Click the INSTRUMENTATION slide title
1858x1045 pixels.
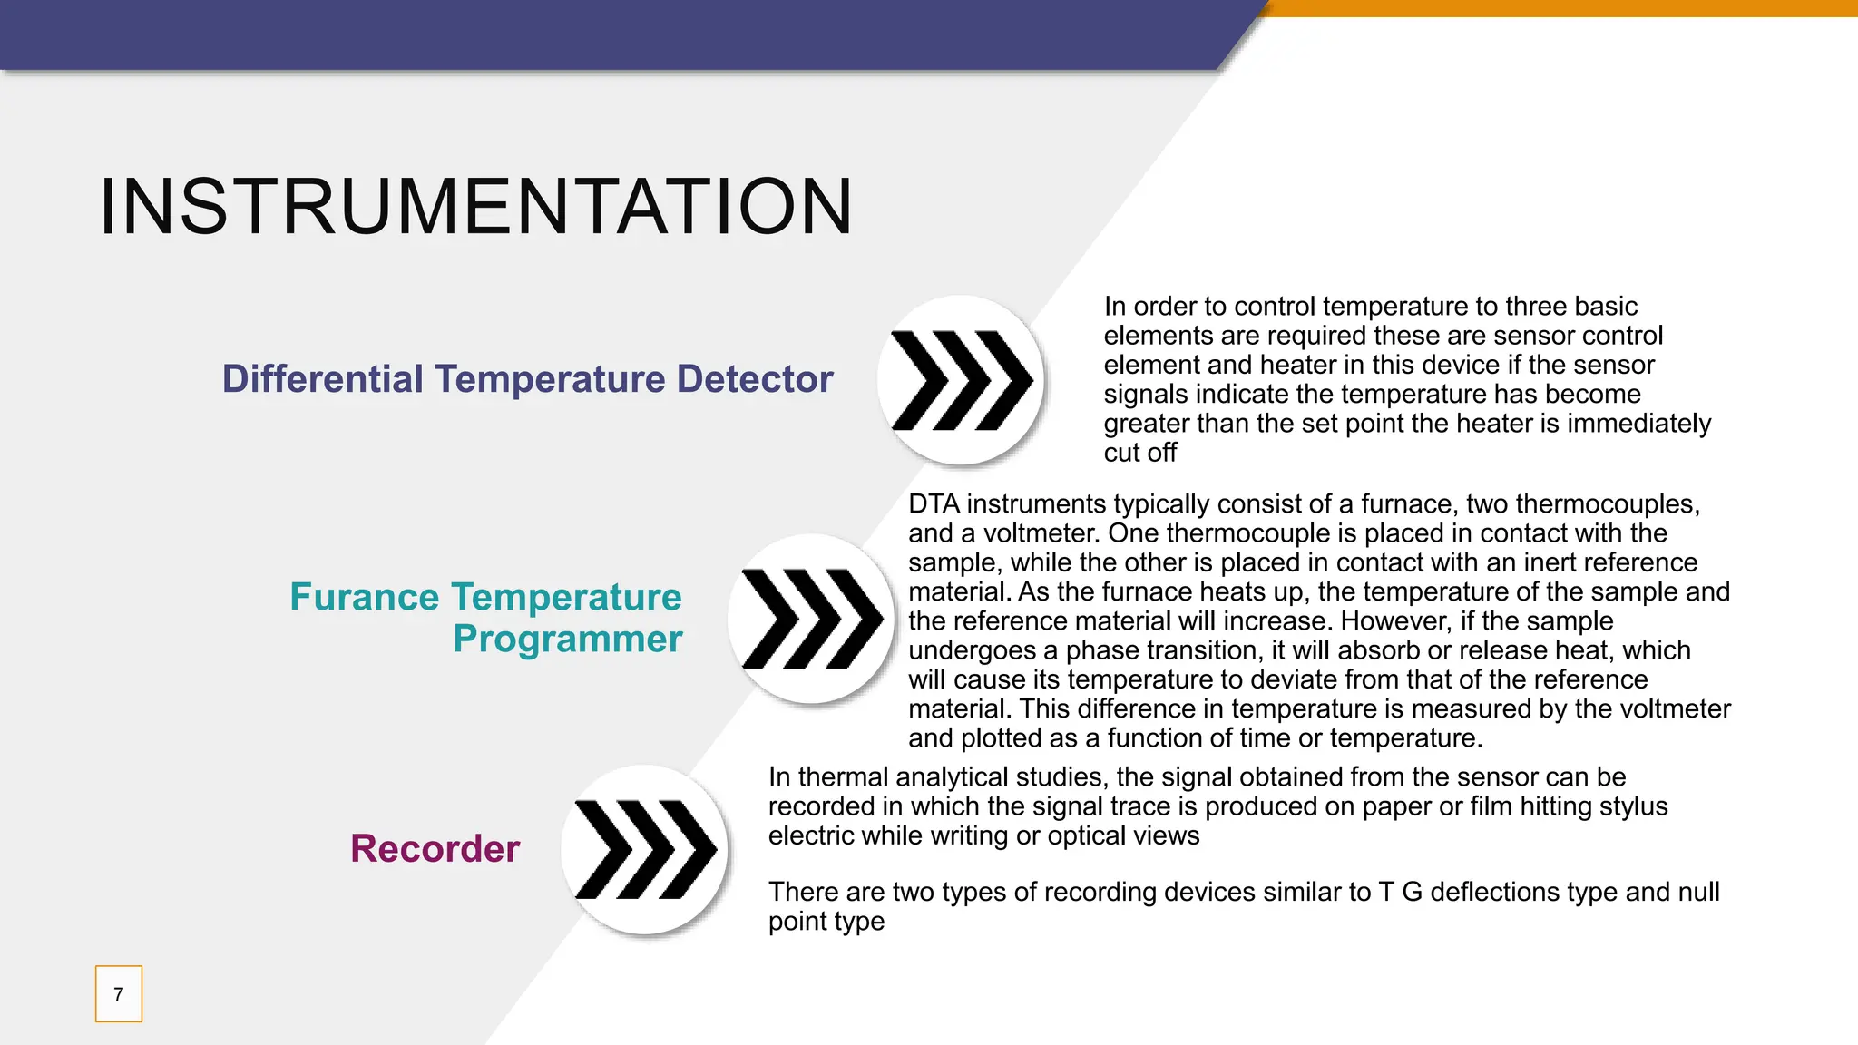[475, 208]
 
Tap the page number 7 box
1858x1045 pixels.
[119, 994]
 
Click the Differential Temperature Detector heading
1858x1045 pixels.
[527, 379]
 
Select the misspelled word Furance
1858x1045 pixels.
[365, 597]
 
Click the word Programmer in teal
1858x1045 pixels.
[567, 640]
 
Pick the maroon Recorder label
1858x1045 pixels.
[435, 849]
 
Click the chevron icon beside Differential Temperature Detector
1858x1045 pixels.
[961, 380]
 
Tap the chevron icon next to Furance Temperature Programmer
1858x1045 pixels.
[811, 619]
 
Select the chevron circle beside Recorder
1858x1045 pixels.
[644, 850]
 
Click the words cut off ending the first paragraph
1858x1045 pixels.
[1139, 453]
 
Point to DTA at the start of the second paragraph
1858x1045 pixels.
[934, 504]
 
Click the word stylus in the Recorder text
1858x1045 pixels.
[1634, 806]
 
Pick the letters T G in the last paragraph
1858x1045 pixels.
[1400, 893]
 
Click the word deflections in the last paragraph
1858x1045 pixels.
[1502, 893]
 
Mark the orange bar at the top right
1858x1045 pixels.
[1560, 8]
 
